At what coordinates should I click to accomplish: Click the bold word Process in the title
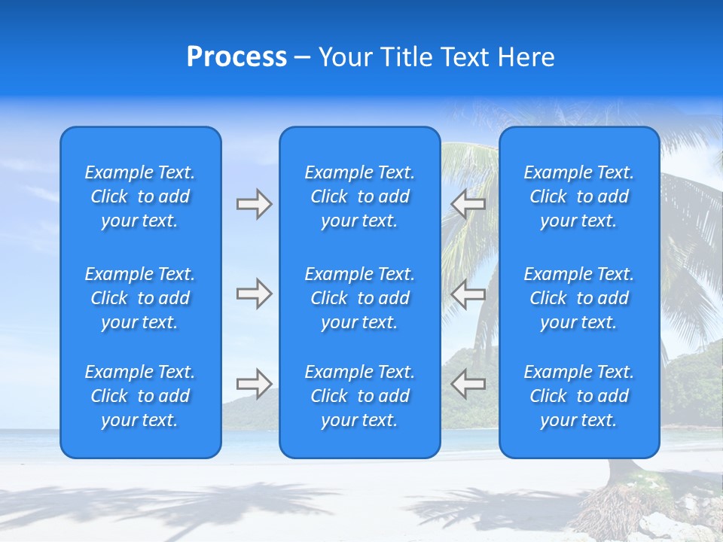[x=236, y=57]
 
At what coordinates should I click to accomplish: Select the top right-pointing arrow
[x=254, y=204]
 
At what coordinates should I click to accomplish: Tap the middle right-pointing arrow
[x=254, y=294]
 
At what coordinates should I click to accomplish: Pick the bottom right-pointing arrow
[x=254, y=384]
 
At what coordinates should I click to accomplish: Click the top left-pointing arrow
[x=468, y=204]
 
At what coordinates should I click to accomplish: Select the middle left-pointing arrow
[x=468, y=294]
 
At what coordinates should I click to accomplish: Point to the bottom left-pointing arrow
[x=468, y=384]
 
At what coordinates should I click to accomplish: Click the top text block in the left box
[x=140, y=196]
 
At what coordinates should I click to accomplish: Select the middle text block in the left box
[x=140, y=298]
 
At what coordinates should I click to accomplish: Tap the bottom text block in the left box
[x=140, y=396]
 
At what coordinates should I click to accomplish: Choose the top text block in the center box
[x=360, y=196]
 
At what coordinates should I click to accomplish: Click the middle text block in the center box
[x=360, y=298]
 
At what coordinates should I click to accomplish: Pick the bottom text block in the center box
[x=360, y=396]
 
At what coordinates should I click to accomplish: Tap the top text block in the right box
[x=579, y=196]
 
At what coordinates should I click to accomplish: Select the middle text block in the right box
[x=579, y=298]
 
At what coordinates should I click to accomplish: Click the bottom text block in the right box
[x=579, y=396]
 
